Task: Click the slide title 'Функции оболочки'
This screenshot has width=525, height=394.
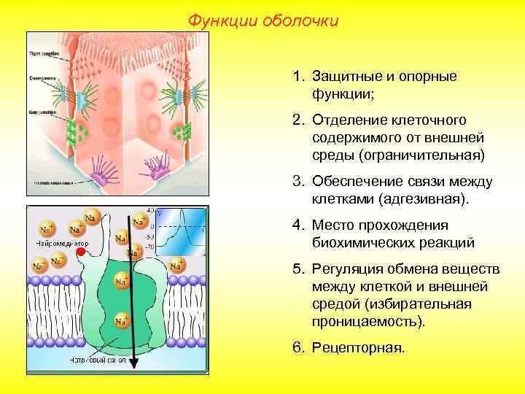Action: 263,20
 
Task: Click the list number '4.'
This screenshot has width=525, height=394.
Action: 298,225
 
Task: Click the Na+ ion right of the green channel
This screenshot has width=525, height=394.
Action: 176,266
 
